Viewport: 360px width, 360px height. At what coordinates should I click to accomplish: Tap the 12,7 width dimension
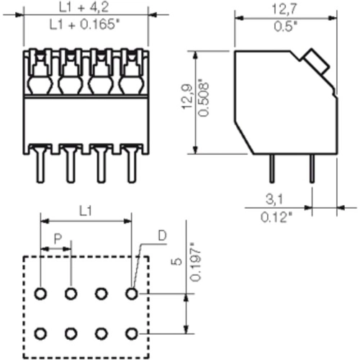tap(285, 11)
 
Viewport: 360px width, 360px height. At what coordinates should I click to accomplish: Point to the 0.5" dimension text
tap(285, 28)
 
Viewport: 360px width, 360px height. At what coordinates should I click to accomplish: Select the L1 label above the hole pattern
tap(85, 210)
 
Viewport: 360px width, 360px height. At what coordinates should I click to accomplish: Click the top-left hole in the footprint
tap(40, 294)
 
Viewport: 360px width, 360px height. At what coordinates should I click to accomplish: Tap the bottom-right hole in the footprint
tap(131, 333)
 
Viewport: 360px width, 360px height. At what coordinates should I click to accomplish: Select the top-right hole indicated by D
tap(131, 294)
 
